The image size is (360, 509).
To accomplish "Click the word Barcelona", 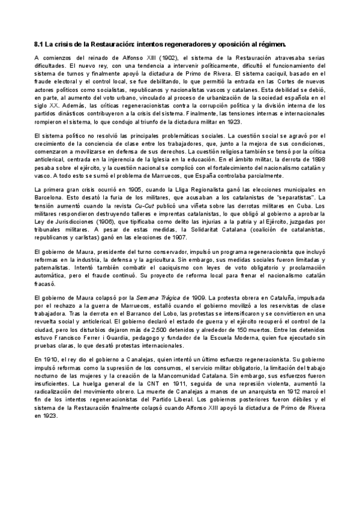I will pos(49,198).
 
